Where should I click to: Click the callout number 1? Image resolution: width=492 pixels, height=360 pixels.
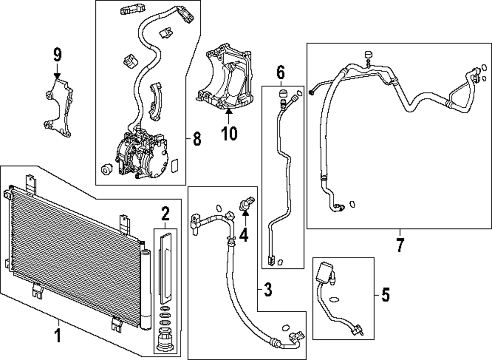point(58,337)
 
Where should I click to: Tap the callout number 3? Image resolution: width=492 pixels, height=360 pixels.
point(267,290)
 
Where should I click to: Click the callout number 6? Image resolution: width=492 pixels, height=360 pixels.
point(280,72)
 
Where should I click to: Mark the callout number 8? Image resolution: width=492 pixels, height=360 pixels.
point(197,139)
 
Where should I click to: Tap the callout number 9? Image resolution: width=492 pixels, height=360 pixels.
point(58,54)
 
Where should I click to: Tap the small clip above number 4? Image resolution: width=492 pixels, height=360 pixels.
point(246,203)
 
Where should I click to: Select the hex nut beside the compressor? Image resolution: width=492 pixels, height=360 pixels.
point(105,170)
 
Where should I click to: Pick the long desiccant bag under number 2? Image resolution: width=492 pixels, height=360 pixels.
point(165,266)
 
